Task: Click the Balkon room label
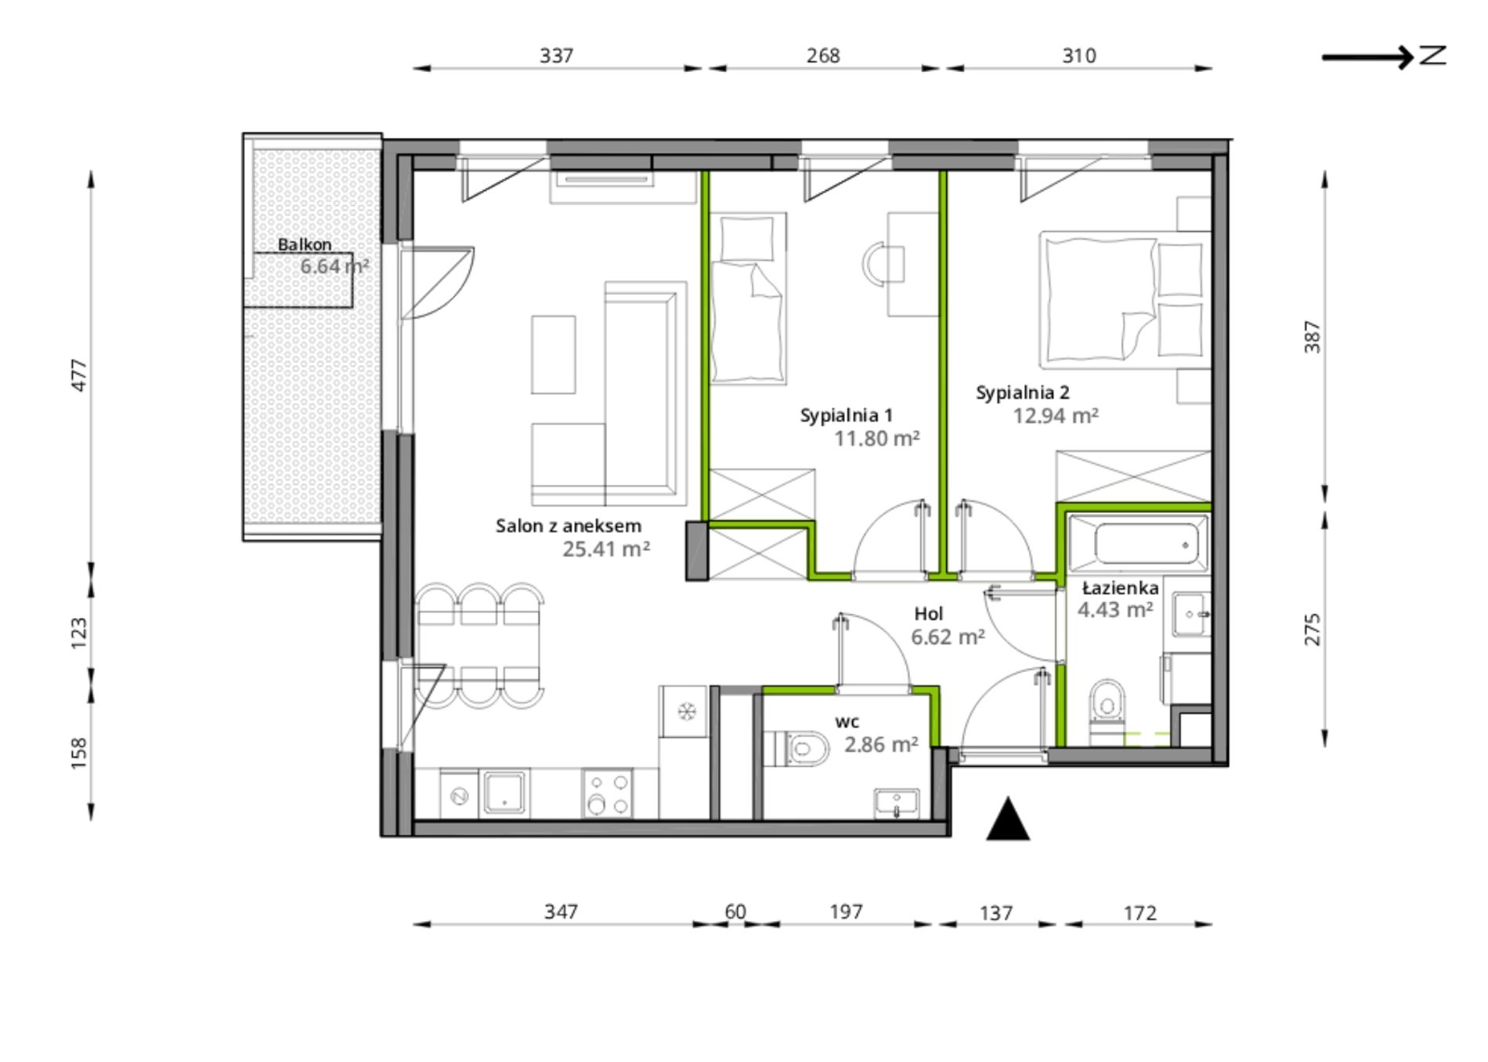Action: (x=305, y=244)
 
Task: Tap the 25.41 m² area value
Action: (x=606, y=549)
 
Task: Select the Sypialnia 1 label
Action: (x=846, y=415)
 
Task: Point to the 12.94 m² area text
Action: (x=1056, y=415)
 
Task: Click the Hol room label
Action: (x=929, y=614)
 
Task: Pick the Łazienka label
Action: (x=1120, y=587)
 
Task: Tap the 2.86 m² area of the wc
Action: (x=881, y=744)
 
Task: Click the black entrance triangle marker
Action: (x=1008, y=819)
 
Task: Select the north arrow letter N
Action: (x=1433, y=56)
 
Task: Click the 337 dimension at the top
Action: (x=557, y=56)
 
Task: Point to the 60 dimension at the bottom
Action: (x=735, y=912)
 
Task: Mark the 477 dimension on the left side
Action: (x=80, y=375)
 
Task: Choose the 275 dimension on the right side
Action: (x=1313, y=630)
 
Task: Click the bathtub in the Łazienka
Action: (x=1138, y=543)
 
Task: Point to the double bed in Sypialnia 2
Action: (x=1121, y=299)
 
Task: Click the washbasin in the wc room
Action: (x=897, y=804)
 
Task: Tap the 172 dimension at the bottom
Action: (x=1139, y=913)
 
